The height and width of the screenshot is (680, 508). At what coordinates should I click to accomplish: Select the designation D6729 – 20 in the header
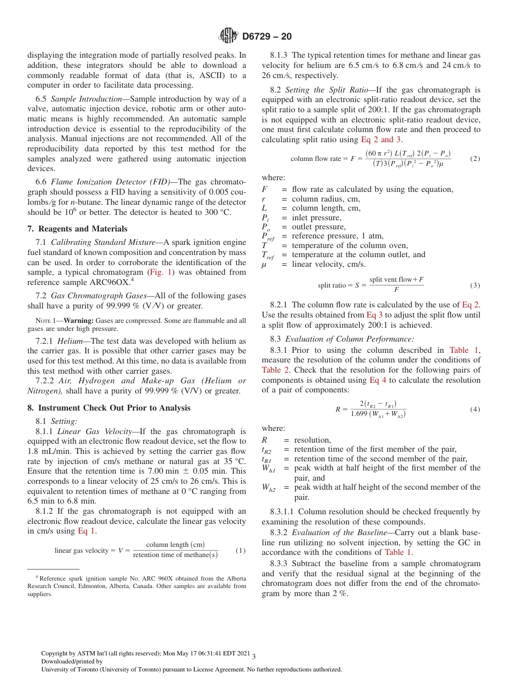[267, 37]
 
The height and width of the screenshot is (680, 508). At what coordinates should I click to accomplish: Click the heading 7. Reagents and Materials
[77, 229]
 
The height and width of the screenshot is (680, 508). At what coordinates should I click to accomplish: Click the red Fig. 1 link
[160, 272]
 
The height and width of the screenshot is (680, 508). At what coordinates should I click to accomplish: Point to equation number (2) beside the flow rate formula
[474, 159]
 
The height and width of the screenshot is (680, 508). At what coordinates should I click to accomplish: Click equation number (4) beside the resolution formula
[475, 409]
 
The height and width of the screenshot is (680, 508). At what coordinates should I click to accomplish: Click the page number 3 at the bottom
[254, 656]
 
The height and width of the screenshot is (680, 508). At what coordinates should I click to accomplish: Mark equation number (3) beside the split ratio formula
[474, 285]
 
